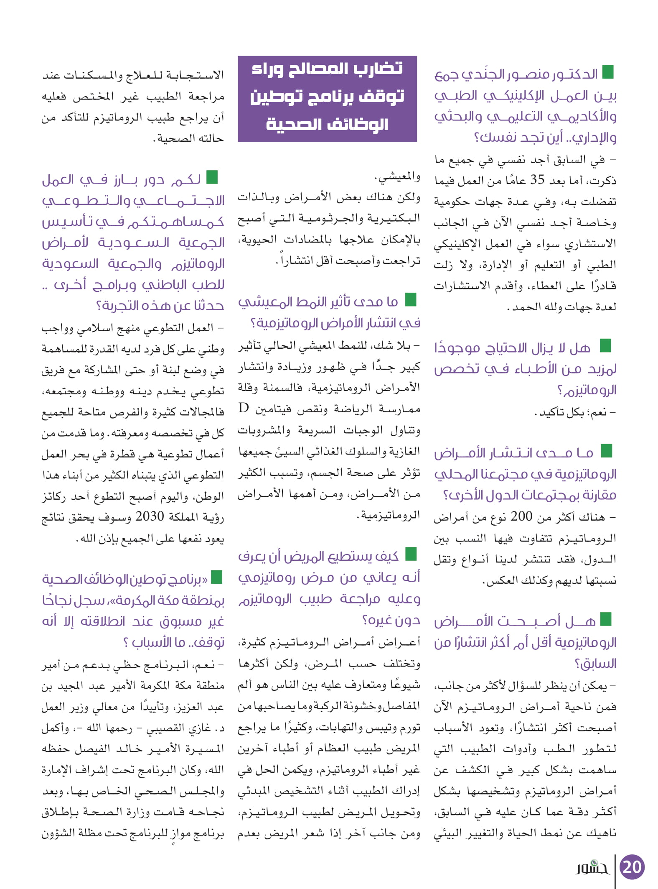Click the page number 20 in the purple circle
[632, 866]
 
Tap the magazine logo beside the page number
[592, 867]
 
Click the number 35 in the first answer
[537, 180]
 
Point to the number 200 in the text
[521, 517]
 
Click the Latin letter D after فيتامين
[243, 408]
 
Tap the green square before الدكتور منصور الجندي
[608, 72]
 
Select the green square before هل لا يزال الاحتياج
[605, 346]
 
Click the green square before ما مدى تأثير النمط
[411, 299]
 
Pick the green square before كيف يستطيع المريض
[411, 554]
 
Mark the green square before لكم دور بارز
[212, 177]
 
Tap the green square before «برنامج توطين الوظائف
[216, 577]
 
